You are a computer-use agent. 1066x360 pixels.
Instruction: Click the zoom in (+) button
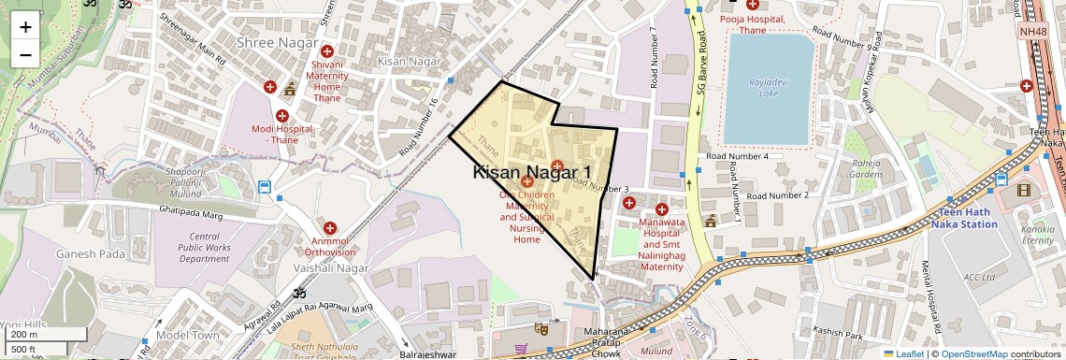pyautogui.click(x=25, y=26)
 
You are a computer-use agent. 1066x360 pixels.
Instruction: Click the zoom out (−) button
pyautogui.click(x=25, y=53)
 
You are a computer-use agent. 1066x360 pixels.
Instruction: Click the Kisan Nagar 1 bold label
pyautogui.click(x=532, y=172)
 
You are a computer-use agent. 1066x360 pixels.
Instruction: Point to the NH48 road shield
pyautogui.click(x=1032, y=32)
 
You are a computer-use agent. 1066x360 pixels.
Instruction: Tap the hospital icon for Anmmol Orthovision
pyautogui.click(x=329, y=227)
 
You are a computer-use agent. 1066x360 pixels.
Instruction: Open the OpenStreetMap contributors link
pyautogui.click(x=972, y=354)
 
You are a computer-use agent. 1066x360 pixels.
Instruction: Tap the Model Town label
pyautogui.click(x=188, y=335)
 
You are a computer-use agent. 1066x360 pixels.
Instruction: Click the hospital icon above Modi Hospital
pyautogui.click(x=281, y=115)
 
